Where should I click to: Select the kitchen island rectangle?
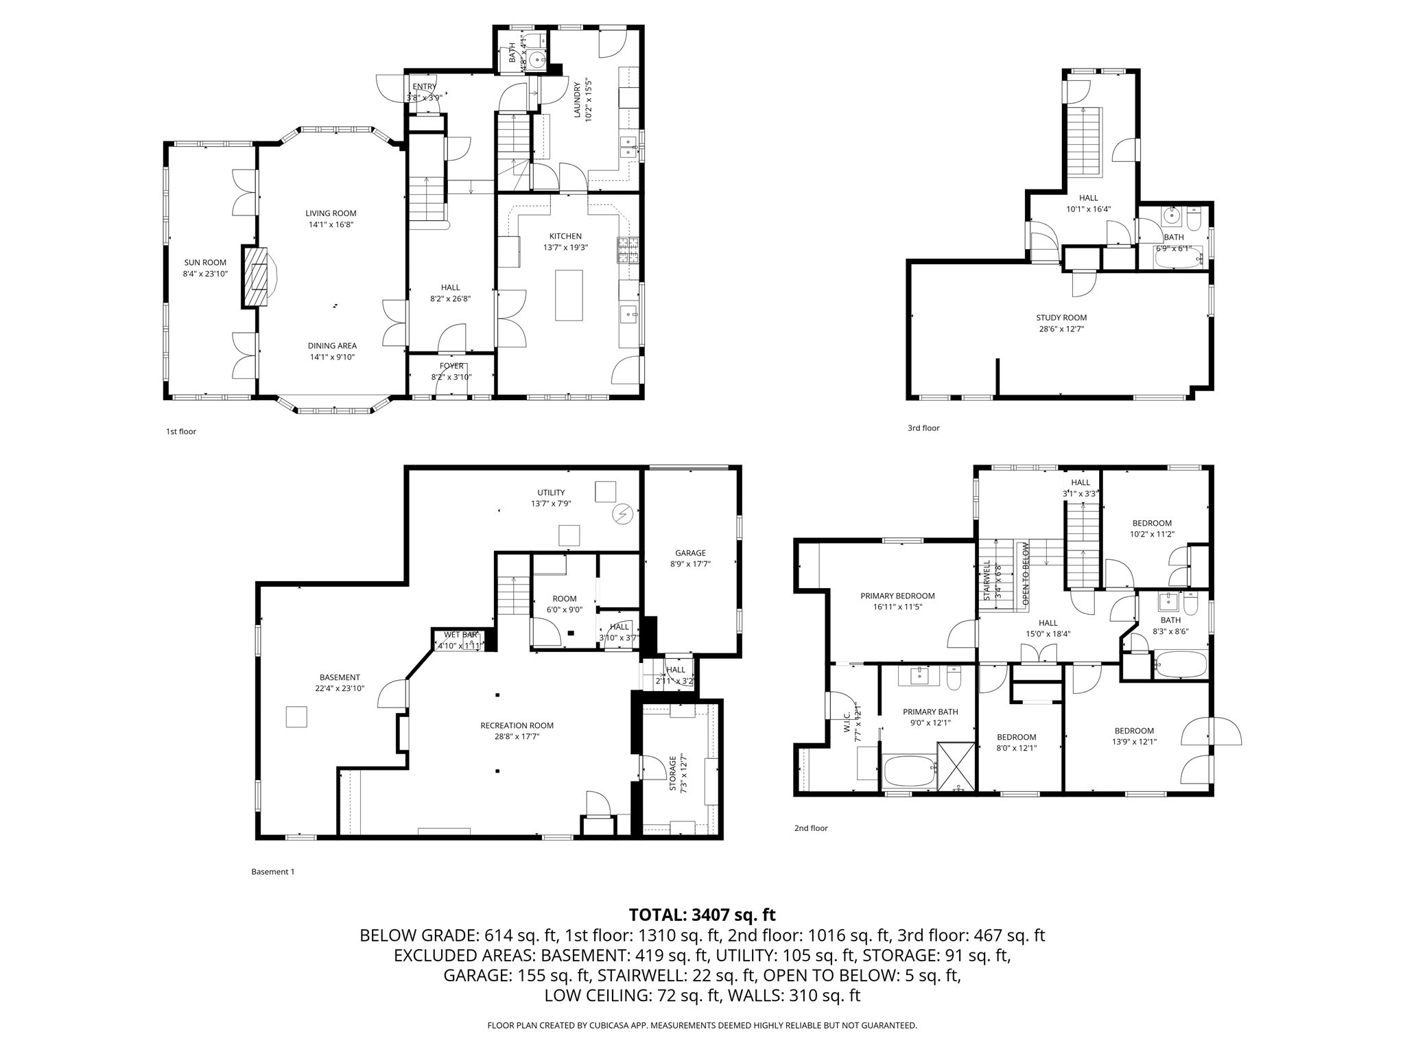click(x=569, y=295)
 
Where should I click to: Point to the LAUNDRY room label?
click(x=578, y=101)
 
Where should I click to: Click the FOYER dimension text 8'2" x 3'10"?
click(x=451, y=377)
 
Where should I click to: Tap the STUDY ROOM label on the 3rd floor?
click(x=1061, y=318)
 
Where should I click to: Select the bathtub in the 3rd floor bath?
click(x=1177, y=260)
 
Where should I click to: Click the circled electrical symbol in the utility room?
click(x=624, y=513)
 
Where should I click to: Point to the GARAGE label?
click(x=690, y=553)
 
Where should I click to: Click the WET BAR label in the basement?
click(x=460, y=635)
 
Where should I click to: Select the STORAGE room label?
click(x=673, y=773)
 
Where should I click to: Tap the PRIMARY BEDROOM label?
click(x=897, y=596)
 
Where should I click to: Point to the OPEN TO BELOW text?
click(x=1026, y=574)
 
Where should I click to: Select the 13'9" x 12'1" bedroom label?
click(x=1134, y=731)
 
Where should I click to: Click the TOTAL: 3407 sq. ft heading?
click(x=702, y=915)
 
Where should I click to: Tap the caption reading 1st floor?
click(x=181, y=432)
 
